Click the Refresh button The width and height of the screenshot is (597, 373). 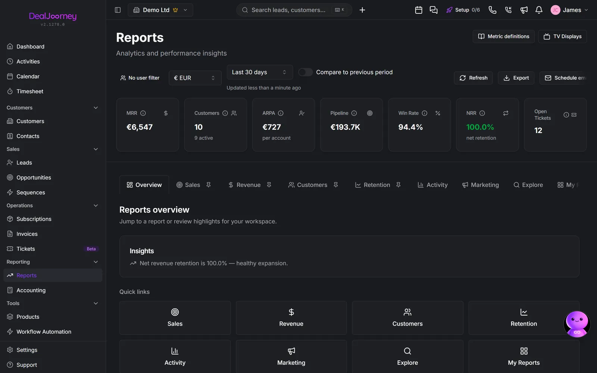[x=473, y=78]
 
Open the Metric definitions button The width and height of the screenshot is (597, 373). [x=503, y=36]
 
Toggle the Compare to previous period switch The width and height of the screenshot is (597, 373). [x=305, y=72]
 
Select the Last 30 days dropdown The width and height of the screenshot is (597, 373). [x=260, y=72]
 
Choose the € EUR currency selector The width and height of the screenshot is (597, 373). [x=195, y=78]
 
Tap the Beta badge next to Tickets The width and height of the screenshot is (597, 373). [x=91, y=249]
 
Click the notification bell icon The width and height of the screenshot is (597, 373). [x=539, y=10]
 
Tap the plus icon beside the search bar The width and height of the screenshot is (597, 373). [x=362, y=10]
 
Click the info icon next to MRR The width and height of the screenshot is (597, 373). [x=143, y=113]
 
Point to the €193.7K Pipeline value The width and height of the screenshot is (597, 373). [x=345, y=127]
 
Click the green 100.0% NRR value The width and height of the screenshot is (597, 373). [x=480, y=127]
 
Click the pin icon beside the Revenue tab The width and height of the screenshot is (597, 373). [x=269, y=185]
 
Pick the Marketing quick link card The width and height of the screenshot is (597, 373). [x=291, y=357]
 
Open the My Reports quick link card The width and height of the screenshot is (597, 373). [x=524, y=357]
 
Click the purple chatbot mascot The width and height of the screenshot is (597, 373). [x=577, y=324]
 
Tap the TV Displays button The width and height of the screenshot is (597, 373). [x=562, y=36]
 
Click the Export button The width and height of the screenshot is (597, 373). [x=516, y=78]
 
